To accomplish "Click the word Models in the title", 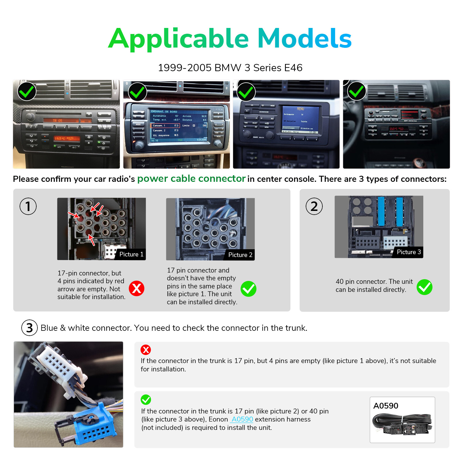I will (x=304, y=39).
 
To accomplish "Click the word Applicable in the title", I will (x=178, y=39).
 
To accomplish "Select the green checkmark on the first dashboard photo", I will (x=27, y=92).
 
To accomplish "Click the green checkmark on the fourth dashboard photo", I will (x=356, y=91).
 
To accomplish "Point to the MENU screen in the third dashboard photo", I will (x=300, y=119).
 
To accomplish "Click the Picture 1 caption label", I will (x=131, y=254).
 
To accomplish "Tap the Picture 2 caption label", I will (x=240, y=255).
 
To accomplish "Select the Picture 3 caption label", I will (x=409, y=252).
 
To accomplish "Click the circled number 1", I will (x=28, y=206).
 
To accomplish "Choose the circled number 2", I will (x=314, y=206).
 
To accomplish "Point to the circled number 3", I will (x=29, y=328).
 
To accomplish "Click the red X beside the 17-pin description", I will (x=137, y=288).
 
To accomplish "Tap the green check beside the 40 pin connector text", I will (x=424, y=287).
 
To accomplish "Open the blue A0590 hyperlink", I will (x=242, y=419).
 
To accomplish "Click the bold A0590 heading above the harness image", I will (x=386, y=406).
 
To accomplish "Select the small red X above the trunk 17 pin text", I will (x=146, y=350).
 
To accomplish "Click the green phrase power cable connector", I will (x=191, y=179).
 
